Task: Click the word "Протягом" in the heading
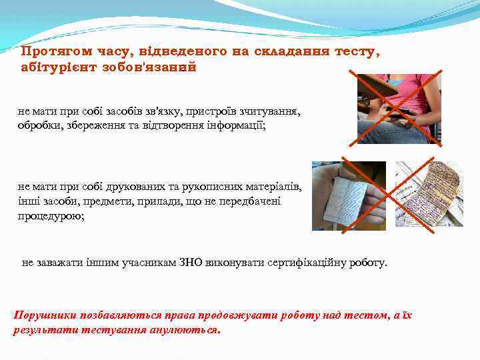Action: (50, 51)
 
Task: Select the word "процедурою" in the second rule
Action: (51, 215)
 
